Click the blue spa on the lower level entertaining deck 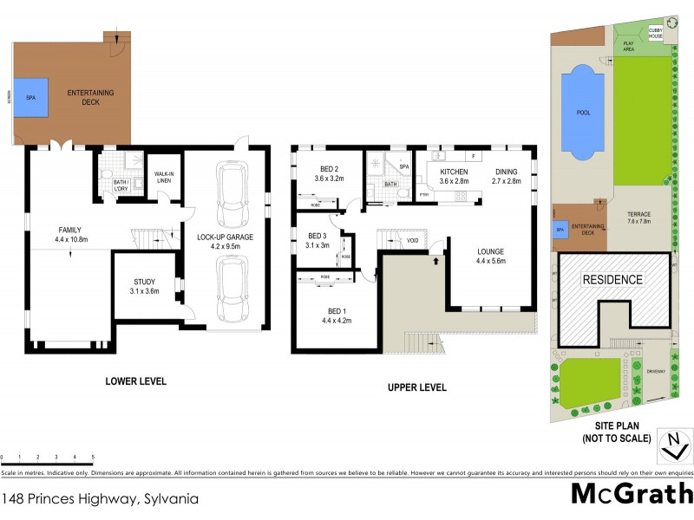(36, 99)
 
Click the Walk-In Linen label (164, 176)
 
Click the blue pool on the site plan (582, 113)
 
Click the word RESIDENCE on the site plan (612, 279)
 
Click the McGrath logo (632, 493)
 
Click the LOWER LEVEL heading (135, 381)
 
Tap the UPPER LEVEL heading (416, 387)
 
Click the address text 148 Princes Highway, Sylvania (101, 498)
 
